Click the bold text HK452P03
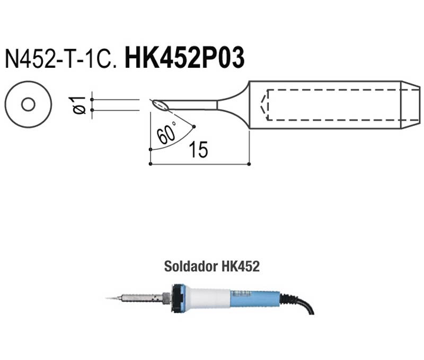pyautogui.click(x=184, y=58)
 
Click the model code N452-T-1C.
pyautogui.click(x=60, y=58)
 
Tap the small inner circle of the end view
pyautogui.click(x=29, y=104)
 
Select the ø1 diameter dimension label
pyautogui.click(x=77, y=105)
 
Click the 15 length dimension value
pyautogui.click(x=198, y=150)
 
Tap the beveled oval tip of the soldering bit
pyautogui.click(x=160, y=105)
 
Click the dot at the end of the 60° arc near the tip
pyautogui.click(x=193, y=127)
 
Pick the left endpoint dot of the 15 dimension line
pyautogui.click(x=151, y=164)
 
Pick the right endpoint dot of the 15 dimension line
pyautogui.click(x=249, y=164)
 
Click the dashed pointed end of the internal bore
pyautogui.click(x=263, y=105)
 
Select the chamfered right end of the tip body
pyautogui.click(x=410, y=105)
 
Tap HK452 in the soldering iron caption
pyautogui.click(x=241, y=266)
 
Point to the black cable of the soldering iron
pyautogui.click(x=301, y=302)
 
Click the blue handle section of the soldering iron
pyautogui.click(x=255, y=299)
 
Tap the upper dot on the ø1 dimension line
pyautogui.click(x=92, y=100)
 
